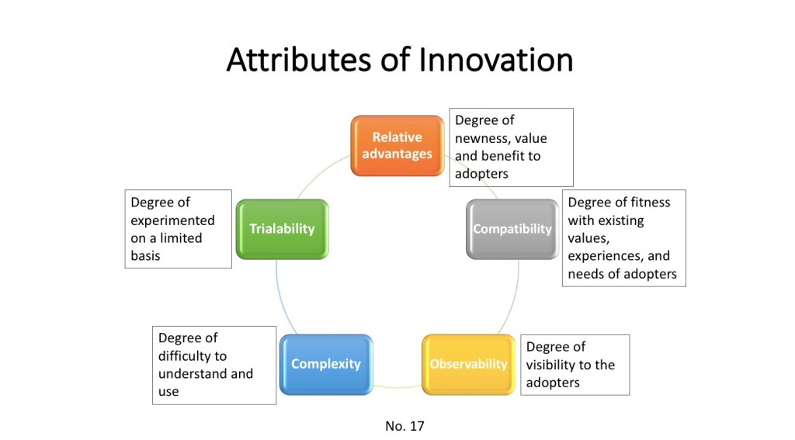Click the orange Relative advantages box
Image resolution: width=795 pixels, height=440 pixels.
click(397, 145)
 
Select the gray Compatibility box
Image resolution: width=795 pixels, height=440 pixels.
click(512, 229)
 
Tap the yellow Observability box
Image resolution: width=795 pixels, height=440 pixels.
click(468, 365)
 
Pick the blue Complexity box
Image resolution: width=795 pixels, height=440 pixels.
click(326, 365)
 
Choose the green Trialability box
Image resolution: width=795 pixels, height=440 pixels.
click(283, 229)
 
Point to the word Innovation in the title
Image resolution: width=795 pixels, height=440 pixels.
click(496, 60)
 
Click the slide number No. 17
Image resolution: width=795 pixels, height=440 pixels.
click(404, 426)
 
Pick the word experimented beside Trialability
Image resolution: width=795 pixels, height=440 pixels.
click(173, 221)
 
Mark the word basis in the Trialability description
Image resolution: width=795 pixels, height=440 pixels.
click(145, 256)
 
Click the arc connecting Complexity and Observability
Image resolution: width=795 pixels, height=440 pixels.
click(397, 387)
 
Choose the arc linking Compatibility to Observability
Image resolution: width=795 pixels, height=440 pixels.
click(513, 299)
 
